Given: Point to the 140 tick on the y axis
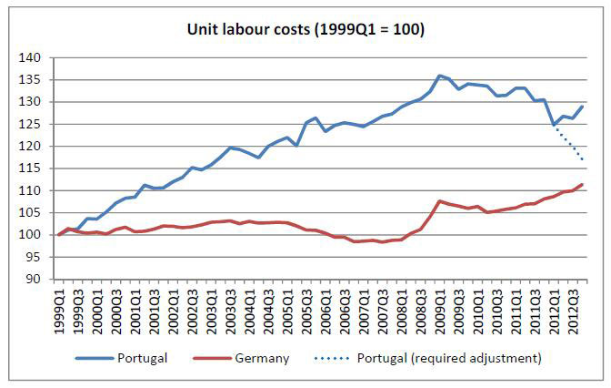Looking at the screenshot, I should pos(34,57).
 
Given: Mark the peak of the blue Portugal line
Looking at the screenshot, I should pos(440,76).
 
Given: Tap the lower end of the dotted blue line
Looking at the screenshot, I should pos(583,160).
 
